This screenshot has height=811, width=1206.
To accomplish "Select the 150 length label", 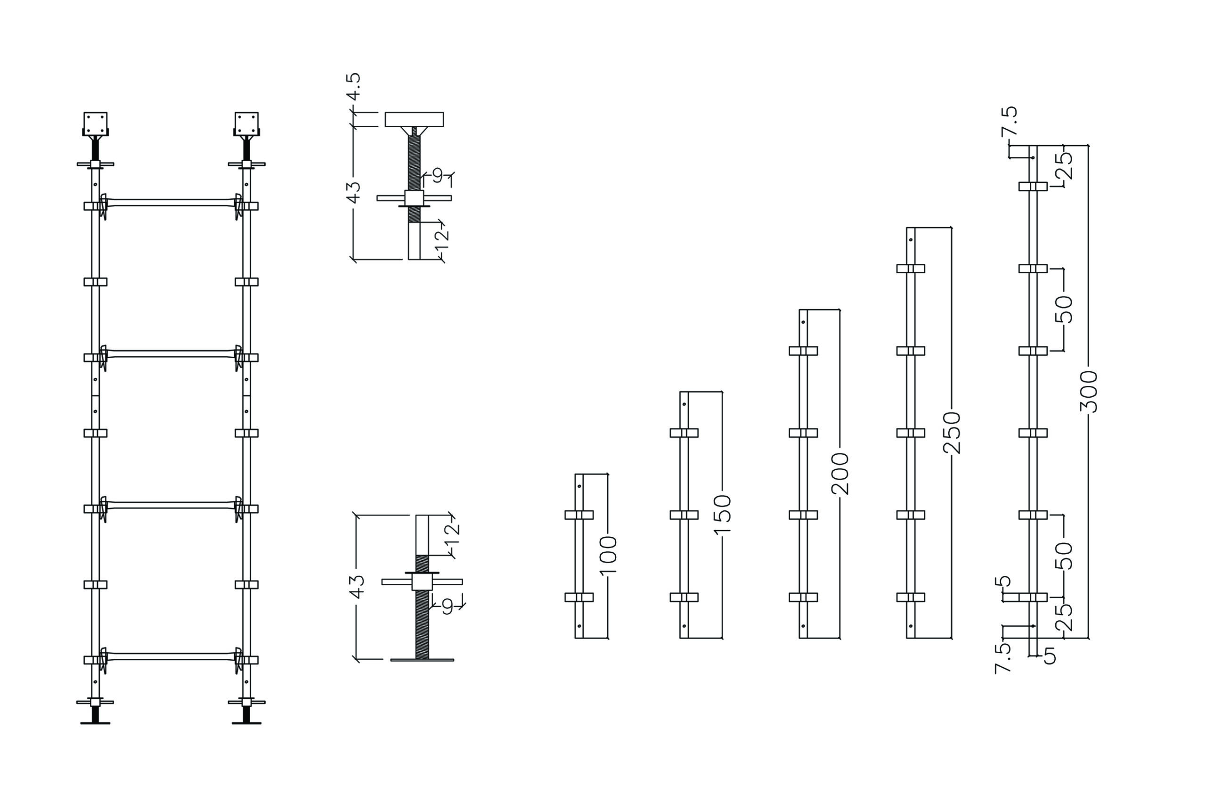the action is (x=722, y=514).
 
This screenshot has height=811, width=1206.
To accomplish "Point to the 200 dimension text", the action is (x=840, y=473).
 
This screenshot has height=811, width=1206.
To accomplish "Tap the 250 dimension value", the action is (x=952, y=433).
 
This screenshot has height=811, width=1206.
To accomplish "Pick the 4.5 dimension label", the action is (x=354, y=86).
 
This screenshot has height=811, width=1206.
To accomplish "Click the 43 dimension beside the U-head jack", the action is (x=354, y=192).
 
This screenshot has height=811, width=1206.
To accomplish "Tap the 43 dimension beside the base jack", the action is (x=357, y=587).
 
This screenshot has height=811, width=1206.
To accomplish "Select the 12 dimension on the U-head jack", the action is (x=442, y=239).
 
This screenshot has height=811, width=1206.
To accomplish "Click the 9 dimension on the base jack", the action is (x=448, y=606).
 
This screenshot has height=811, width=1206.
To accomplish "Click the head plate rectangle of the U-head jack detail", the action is (x=414, y=120).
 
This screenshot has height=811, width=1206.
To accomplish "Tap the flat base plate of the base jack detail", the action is (x=422, y=660).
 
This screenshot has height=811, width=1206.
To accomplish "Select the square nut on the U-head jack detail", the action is (x=414, y=198).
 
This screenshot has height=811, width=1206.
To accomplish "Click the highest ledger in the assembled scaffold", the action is (x=171, y=202).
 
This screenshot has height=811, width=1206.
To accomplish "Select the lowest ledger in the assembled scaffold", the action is (x=171, y=656).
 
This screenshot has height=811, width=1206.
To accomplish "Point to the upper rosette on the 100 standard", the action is (x=579, y=515).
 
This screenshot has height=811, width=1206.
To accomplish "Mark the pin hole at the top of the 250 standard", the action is (x=910, y=240).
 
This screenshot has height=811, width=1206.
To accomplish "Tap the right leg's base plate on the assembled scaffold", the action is (x=246, y=723).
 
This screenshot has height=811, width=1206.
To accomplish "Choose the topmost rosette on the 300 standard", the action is (x=1033, y=186).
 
